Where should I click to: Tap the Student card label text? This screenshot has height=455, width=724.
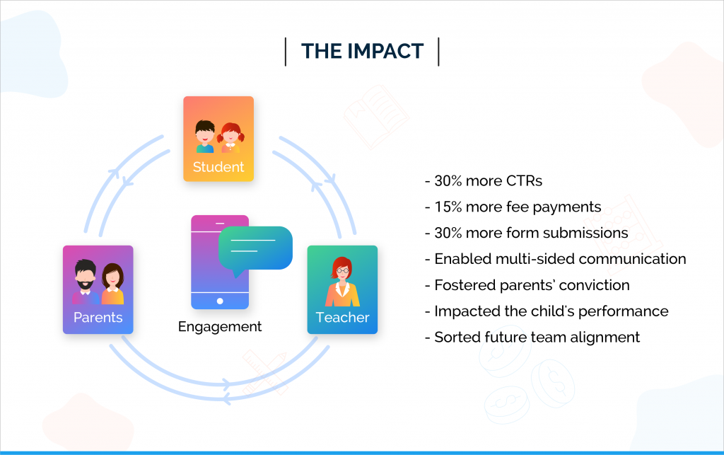click(x=218, y=167)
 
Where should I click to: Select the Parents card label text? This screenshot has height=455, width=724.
click(x=98, y=317)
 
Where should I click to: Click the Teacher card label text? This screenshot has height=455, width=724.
click(x=343, y=317)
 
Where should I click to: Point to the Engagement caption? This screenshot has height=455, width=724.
click(x=220, y=327)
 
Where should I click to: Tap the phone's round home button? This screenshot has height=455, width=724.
click(x=220, y=301)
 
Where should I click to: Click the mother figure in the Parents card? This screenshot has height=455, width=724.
click(x=112, y=284)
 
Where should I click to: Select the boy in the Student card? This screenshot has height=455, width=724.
click(x=205, y=137)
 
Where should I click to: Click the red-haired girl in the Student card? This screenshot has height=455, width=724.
click(x=230, y=137)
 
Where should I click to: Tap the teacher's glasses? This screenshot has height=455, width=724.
click(x=343, y=270)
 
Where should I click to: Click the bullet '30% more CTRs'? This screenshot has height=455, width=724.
click(x=484, y=180)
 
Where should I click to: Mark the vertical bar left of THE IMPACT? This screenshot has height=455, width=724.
click(x=286, y=52)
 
